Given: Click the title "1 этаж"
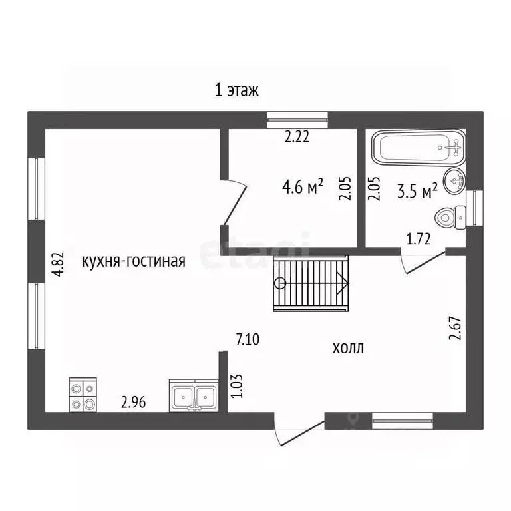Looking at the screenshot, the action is tap(237, 90).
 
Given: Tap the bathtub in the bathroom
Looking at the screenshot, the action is tap(419, 148).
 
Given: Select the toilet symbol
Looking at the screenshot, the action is tap(450, 218).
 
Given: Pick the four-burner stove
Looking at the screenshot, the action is tap(83, 395).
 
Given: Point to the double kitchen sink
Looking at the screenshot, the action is tap(194, 395).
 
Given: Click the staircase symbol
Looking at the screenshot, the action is tap(311, 283).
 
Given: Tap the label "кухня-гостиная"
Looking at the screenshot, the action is tap(133, 261).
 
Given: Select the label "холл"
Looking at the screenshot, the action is tap(348, 348).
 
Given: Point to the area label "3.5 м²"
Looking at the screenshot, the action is tap(417, 190).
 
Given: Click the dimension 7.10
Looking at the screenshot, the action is tap(248, 339).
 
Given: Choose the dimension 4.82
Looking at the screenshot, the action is tap(59, 264).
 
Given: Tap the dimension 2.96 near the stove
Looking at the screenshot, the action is tap(133, 402).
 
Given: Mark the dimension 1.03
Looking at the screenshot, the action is tap(237, 385).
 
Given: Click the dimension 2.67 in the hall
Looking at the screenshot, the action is tap(455, 328).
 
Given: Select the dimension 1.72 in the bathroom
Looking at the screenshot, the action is tap(419, 239).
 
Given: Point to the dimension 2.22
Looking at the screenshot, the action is tap(297, 136).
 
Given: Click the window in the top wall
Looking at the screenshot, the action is tap(297, 120).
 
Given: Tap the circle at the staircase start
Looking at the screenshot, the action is tap(280, 283).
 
